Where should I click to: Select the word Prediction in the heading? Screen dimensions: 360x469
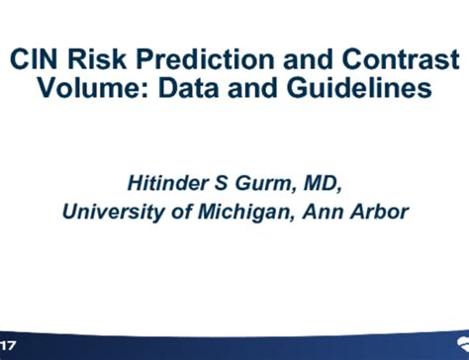click(213, 58)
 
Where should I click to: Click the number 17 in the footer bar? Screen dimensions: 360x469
click(8, 346)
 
